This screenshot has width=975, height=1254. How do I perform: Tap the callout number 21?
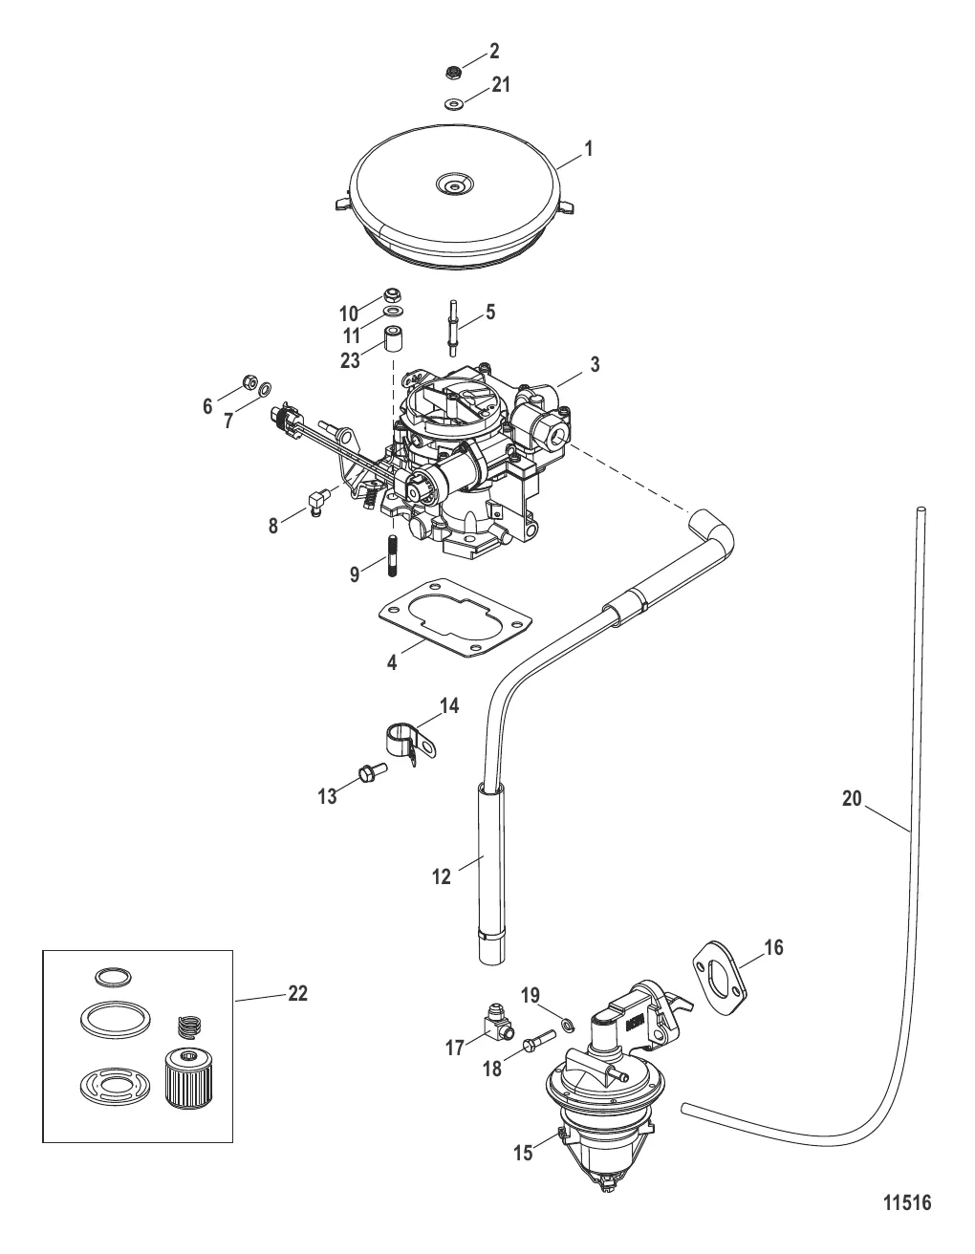click(x=501, y=85)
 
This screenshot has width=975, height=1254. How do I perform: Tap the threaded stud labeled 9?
click(x=392, y=556)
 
